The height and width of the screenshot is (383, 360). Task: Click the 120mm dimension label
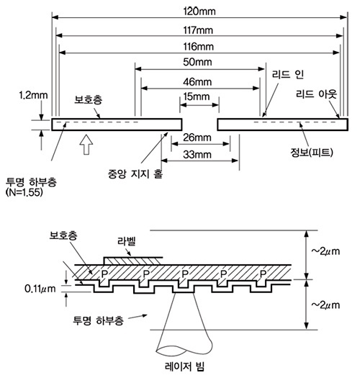[x=199, y=12]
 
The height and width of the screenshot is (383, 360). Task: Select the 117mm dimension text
[x=198, y=30]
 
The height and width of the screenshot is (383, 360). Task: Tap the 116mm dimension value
[x=199, y=46]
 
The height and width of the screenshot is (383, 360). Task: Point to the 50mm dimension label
[x=197, y=62]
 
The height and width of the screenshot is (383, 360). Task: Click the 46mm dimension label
[x=197, y=82]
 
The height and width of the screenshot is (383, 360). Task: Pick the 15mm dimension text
[x=197, y=96]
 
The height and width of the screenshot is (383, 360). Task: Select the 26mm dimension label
[x=197, y=138]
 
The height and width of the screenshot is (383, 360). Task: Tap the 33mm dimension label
[x=197, y=155]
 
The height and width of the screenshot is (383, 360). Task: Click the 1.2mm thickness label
[x=33, y=95]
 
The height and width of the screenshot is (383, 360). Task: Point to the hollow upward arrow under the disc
[x=86, y=145]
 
